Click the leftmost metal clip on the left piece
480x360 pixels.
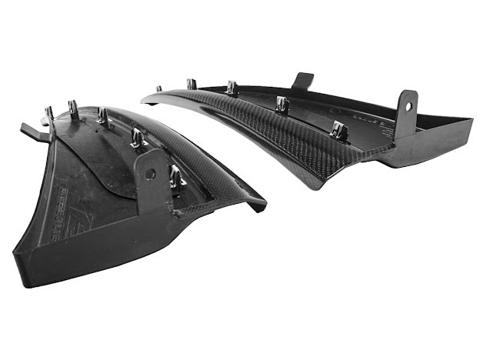[49, 116]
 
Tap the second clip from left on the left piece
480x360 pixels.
[75, 109]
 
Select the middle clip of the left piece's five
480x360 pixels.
[102, 116]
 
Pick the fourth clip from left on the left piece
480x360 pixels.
[137, 138]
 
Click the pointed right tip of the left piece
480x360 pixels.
[264, 205]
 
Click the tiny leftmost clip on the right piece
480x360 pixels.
[159, 89]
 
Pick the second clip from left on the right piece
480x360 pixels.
[192, 84]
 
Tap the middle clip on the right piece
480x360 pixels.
[232, 88]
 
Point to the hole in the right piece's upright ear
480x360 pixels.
[406, 106]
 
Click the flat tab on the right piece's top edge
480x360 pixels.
[302, 80]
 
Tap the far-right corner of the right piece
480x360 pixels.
[471, 121]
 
